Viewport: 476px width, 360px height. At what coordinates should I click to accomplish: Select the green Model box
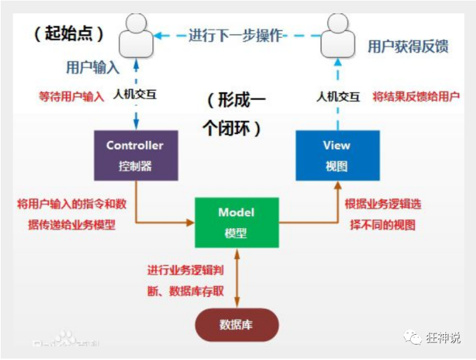tap(237, 222)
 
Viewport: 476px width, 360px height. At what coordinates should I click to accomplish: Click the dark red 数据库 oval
tap(237, 325)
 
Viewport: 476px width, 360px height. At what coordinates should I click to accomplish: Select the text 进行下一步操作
tap(235, 34)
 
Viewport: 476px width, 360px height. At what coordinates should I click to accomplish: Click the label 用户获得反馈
tap(408, 47)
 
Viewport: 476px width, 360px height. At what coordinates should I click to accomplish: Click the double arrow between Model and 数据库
tap(237, 276)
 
